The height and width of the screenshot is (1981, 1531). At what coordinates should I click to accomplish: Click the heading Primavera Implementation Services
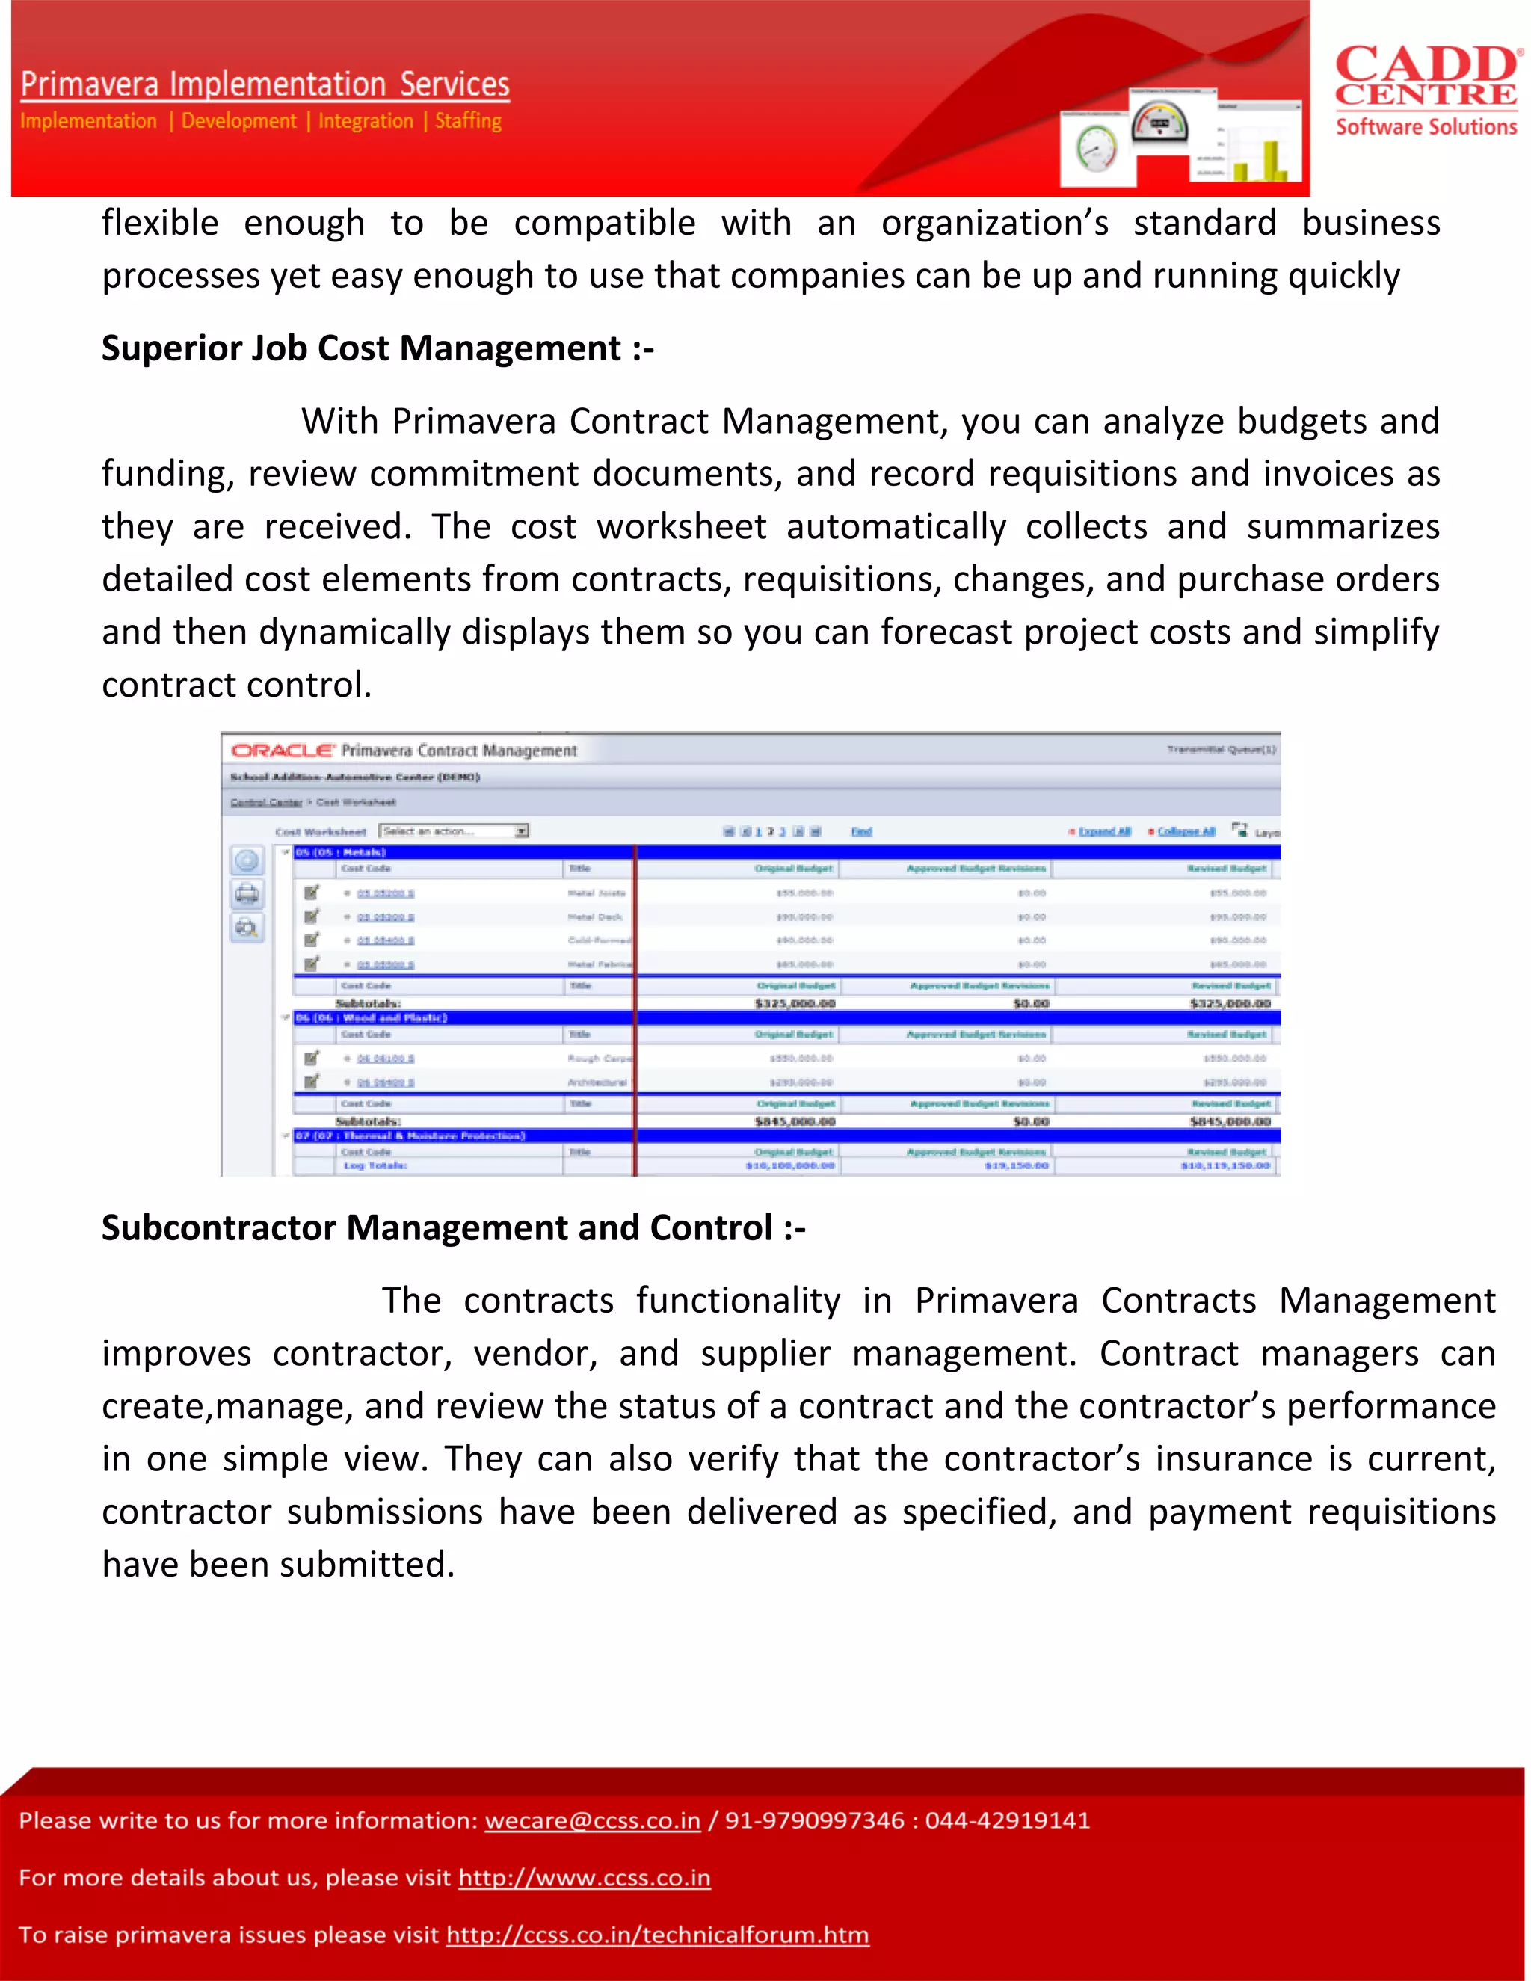coord(265,84)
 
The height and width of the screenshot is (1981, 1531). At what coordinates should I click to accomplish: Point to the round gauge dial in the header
coord(1096,148)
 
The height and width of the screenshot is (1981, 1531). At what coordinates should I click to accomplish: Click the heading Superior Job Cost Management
coord(378,349)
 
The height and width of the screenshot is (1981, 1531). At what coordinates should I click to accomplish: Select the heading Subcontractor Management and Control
coord(452,1228)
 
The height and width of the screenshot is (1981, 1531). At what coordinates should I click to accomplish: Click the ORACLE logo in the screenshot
coord(282,750)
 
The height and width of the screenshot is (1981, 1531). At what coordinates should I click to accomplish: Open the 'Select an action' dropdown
coord(454,831)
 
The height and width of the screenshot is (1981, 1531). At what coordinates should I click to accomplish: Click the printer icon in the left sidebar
coord(247,894)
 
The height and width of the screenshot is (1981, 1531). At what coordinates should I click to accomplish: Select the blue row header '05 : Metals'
coord(341,853)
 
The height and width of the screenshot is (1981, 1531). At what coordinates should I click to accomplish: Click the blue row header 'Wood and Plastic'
coord(372,1017)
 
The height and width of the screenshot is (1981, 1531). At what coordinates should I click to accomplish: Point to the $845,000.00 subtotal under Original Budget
coord(795,1122)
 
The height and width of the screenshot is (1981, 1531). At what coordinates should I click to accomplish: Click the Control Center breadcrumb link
coord(265,802)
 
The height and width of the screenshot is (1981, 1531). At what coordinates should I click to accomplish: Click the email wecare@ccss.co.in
coord(592,1820)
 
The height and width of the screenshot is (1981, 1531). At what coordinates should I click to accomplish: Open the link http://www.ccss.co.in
coord(584,1878)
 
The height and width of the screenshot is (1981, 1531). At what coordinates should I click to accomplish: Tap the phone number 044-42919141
coord(1007,1820)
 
